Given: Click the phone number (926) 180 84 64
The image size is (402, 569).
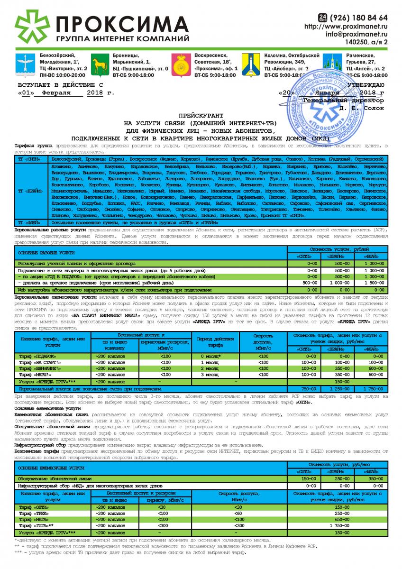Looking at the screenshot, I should coord(358,18).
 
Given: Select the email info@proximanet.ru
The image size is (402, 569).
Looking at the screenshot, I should coord(356,34).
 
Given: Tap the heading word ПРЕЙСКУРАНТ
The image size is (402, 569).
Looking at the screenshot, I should coord(201,116).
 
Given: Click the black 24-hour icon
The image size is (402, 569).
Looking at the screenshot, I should coord(322,18).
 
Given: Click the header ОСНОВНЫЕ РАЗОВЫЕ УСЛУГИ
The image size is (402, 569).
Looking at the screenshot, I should coord(41,253).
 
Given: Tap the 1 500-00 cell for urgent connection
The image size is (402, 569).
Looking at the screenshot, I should coord(372,282).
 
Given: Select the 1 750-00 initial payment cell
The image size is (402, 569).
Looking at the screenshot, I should coord(372,389).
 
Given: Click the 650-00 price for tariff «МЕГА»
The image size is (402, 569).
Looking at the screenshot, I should coord(338,520).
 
